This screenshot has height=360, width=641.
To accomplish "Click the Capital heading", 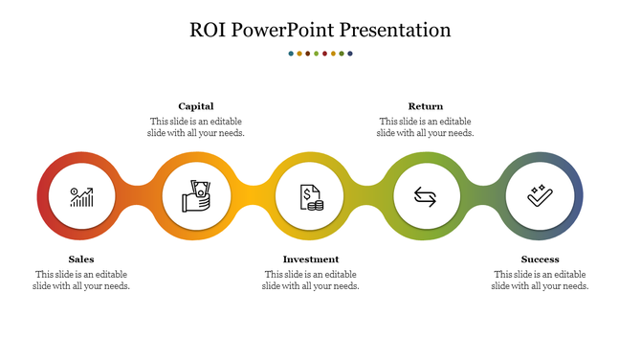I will (196, 106).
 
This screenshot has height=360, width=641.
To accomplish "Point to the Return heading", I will (426, 106).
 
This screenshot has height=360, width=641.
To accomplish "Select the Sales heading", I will (81, 259).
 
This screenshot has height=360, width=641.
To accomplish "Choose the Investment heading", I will (311, 259).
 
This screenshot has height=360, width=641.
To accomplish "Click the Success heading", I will (541, 259).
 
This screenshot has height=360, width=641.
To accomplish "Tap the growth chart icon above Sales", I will (81, 198).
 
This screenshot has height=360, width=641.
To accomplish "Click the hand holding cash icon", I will (196, 198).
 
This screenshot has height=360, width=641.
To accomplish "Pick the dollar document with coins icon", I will (311, 198).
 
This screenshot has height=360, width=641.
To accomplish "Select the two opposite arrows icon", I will (426, 198).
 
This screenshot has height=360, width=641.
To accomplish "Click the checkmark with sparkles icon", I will (541, 197).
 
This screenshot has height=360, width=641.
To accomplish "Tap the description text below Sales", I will (81, 281).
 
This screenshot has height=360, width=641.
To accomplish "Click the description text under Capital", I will (196, 127).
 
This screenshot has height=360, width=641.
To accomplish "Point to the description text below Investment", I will (311, 281).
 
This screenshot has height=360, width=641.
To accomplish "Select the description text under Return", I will (426, 127).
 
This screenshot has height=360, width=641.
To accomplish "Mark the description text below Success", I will (541, 281).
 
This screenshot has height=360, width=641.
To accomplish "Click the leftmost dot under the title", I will (291, 54).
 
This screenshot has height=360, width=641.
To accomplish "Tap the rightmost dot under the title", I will (350, 54).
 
